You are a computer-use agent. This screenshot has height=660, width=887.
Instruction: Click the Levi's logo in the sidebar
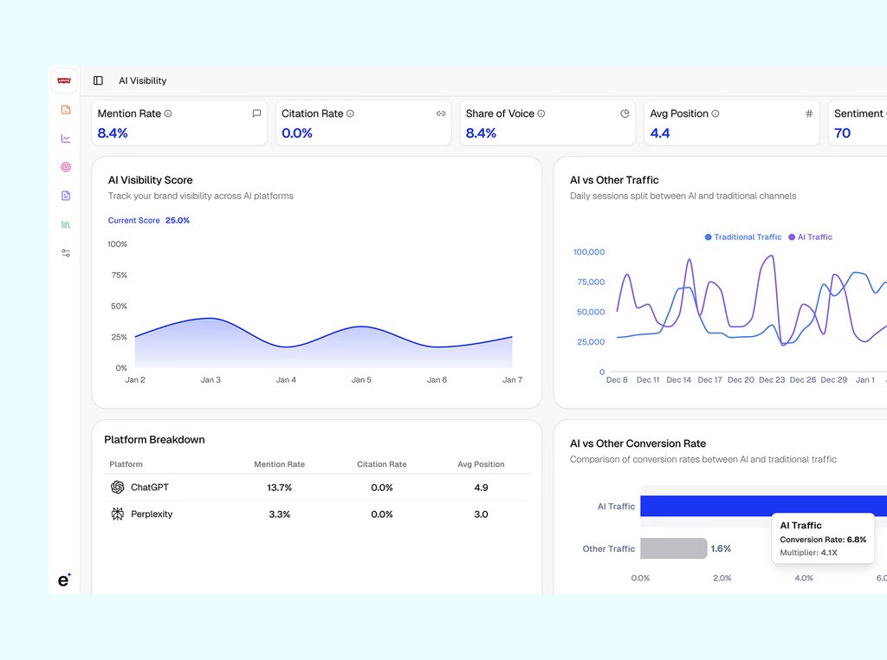64,81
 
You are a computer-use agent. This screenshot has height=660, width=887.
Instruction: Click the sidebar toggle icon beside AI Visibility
98,81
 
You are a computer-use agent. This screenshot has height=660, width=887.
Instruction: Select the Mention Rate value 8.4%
113,133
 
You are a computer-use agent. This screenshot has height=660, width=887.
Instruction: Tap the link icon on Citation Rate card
441,113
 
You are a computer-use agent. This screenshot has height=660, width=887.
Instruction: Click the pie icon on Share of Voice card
625,113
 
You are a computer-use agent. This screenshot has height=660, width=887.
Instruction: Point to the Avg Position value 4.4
660,133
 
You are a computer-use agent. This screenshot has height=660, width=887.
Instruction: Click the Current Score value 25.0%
178,221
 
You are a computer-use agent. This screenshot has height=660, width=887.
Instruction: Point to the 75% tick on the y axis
119,275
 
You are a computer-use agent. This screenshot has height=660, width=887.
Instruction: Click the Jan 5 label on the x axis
361,380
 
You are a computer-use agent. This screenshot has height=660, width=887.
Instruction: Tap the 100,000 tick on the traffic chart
589,252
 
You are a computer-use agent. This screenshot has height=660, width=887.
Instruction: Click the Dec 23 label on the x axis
772,380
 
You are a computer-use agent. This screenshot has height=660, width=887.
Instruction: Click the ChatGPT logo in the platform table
118,488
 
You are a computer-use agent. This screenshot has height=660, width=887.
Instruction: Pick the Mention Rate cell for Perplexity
279,514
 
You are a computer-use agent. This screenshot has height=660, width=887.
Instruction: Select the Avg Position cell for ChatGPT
481,488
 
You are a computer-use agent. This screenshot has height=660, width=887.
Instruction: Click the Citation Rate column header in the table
381,464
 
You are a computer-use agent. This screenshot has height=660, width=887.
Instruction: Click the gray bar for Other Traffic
673,548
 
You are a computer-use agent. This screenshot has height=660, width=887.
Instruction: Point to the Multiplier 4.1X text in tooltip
808,553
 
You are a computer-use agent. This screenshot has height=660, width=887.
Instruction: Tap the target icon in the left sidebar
66,167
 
